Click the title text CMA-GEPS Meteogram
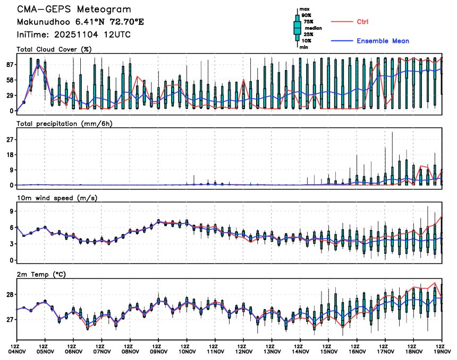pyautogui.click(x=74, y=10)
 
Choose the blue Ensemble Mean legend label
pyautogui.click(x=383, y=41)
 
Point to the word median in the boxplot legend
pyautogui.click(x=314, y=28)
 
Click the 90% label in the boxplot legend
pyautogui.click(x=307, y=16)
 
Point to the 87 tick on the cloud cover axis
pyautogui.click(x=10, y=64)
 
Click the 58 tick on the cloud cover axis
pyautogui.click(x=10, y=80)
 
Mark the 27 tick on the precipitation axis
pyautogui.click(x=10, y=140)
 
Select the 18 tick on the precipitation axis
pyautogui.click(x=10, y=155)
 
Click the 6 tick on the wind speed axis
pyautogui.click(x=11, y=227)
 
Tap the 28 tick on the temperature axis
pyautogui.click(x=10, y=295)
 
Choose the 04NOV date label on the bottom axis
pyautogui.click(x=17, y=350)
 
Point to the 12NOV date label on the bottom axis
pyautogui.click(x=244, y=350)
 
